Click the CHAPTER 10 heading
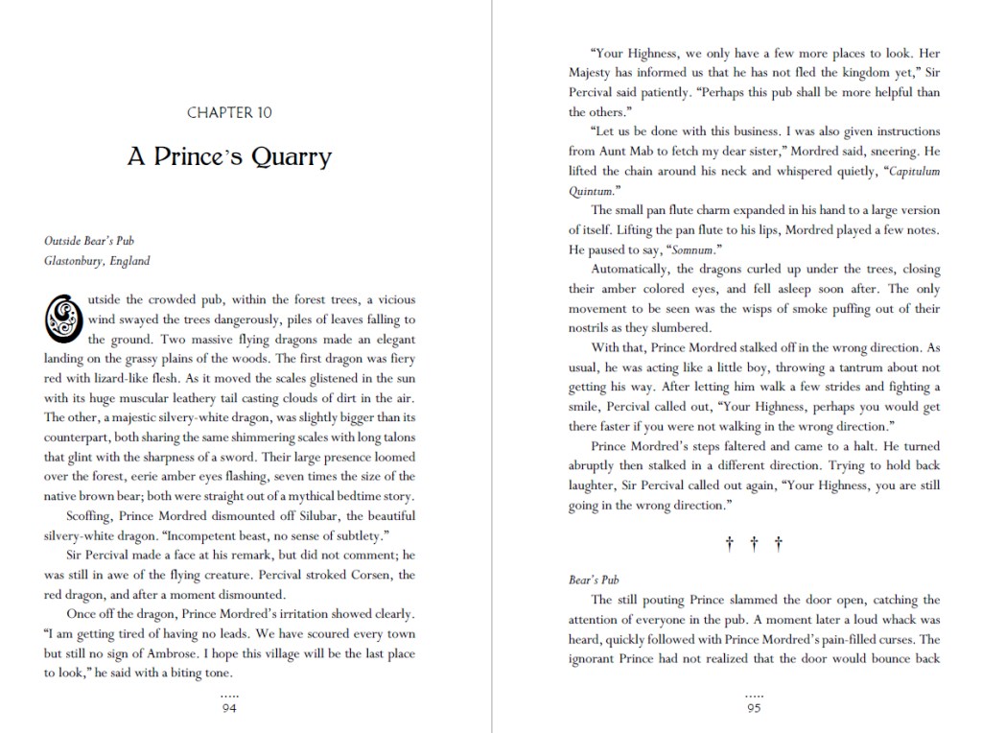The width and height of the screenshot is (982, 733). [x=229, y=112]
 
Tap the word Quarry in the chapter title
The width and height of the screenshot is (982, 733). [x=292, y=156]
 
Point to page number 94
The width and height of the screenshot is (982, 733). [x=229, y=708]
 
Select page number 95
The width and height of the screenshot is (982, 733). [x=754, y=708]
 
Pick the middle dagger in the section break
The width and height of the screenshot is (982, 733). [x=754, y=545]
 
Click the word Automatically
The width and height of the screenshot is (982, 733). [x=633, y=268]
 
